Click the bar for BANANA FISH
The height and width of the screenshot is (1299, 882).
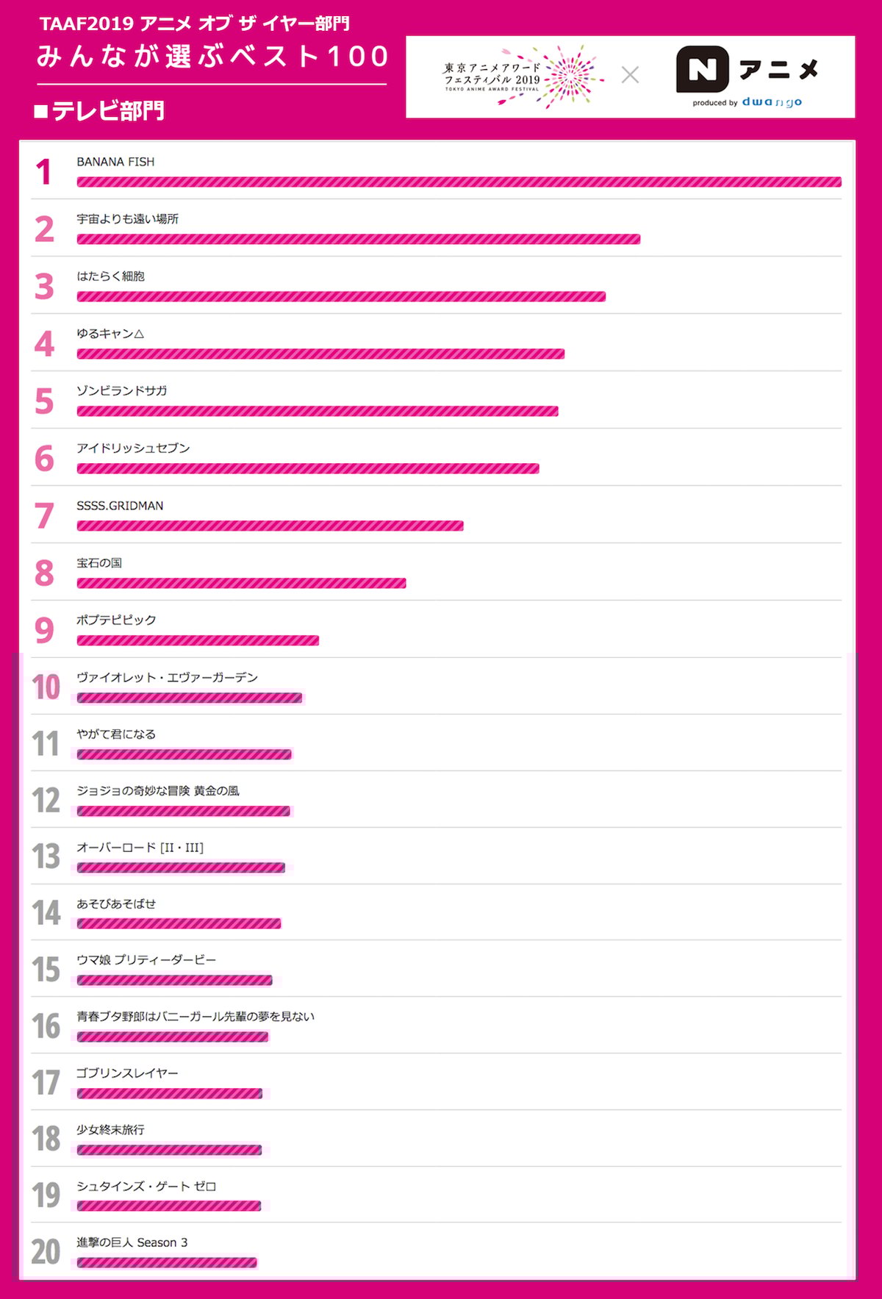pos(459,182)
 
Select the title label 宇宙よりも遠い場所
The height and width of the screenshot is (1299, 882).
pos(127,219)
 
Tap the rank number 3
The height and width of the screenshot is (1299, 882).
pos(44,287)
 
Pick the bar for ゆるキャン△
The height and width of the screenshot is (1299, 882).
pos(320,354)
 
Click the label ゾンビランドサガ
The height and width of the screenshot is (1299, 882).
pos(122,391)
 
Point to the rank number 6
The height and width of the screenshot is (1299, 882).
pos(44,459)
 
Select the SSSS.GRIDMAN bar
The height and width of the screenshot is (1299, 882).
pos(270,526)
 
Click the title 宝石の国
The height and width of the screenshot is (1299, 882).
pos(99,563)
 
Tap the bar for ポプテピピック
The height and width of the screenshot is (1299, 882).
pos(198,640)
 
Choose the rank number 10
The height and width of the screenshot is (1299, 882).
pos(46,687)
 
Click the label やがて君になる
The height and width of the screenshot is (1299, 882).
pos(116,734)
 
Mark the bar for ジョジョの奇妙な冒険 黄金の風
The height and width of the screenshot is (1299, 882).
pos(183,811)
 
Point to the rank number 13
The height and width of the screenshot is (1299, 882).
pos(46,856)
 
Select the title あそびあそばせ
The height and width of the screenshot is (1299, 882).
pos(116,904)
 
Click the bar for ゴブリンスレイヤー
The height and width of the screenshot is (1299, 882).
pos(169,1093)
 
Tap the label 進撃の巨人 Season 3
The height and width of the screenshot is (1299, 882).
pos(132,1242)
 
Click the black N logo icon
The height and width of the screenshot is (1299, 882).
pos(702,70)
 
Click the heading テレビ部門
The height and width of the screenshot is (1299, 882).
pos(107,111)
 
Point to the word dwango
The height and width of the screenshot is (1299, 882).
pos(772,102)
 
